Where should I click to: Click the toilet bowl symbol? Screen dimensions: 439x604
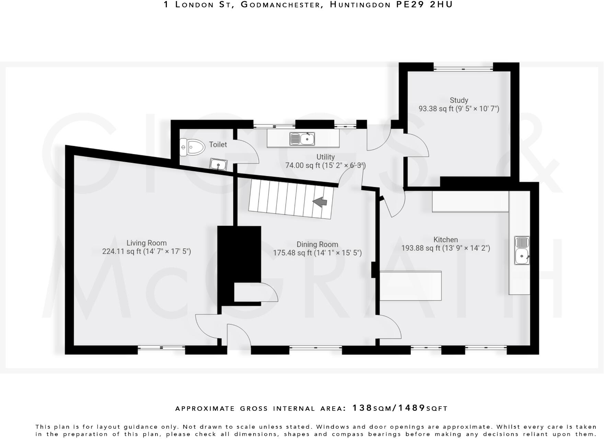[x=192, y=147]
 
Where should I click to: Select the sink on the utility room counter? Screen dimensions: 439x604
[x=302, y=139]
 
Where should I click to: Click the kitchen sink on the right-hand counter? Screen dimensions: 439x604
[x=522, y=250]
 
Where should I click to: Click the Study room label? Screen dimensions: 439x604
[x=459, y=100]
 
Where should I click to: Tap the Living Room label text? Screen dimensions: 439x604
[x=147, y=243]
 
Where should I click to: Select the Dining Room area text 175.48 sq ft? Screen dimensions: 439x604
[x=292, y=253]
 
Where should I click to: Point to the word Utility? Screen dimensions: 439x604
[x=325, y=157]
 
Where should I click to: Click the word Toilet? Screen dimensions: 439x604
[x=218, y=144]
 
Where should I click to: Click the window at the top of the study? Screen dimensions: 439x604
[x=463, y=69]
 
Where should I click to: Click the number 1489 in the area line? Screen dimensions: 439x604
[x=411, y=408]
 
